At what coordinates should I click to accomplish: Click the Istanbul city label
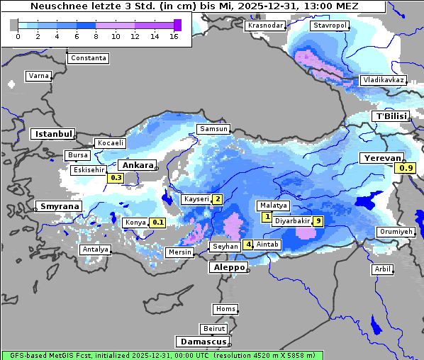[52, 134]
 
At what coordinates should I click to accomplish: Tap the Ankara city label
[137, 164]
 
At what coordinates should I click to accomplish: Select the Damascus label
[203, 342]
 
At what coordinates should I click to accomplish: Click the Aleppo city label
[228, 268]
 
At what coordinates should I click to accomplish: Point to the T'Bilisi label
[391, 116]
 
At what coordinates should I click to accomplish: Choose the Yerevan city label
[381, 158]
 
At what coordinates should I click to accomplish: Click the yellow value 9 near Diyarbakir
[319, 221]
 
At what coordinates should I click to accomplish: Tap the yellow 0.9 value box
[406, 168]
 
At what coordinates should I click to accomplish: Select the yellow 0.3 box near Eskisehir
[116, 178]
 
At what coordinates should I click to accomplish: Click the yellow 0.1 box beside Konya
[158, 223]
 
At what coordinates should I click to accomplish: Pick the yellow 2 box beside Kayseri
[218, 200]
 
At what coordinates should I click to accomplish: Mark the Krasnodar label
[265, 26]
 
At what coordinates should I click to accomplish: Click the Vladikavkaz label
[383, 80]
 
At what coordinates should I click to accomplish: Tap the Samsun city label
[213, 129]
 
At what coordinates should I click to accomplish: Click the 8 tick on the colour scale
[96, 36]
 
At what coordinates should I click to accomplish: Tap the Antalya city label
[95, 249]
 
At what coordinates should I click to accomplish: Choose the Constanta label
[89, 58]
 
